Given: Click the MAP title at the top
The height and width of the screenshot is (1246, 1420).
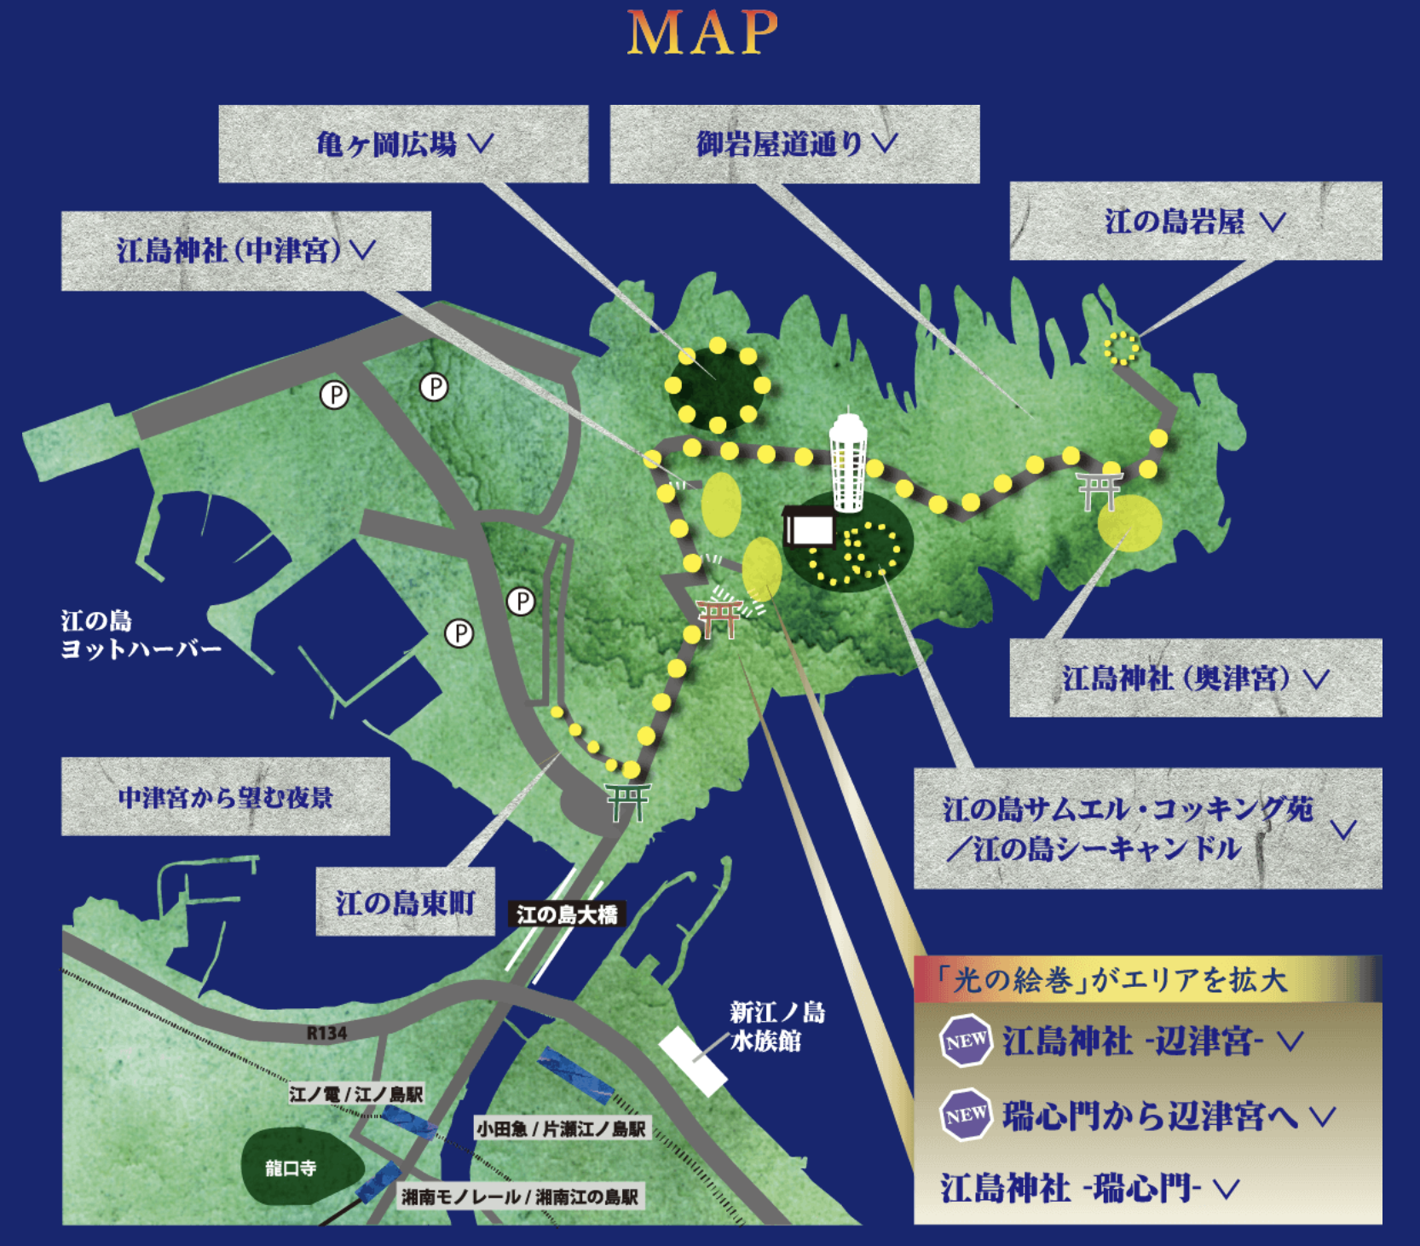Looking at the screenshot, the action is click(702, 34).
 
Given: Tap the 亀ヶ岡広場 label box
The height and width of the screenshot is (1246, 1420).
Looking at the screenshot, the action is click(403, 144).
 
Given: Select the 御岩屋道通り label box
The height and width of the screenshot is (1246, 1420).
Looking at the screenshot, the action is click(794, 144).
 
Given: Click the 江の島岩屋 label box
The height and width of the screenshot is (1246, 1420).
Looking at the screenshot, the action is click(1195, 222).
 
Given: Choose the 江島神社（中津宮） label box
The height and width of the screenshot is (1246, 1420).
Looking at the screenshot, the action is click(245, 251).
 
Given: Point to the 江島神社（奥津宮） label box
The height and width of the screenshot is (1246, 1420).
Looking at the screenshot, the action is click(1195, 678).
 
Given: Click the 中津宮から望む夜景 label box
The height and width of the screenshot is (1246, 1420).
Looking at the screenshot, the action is click(225, 797).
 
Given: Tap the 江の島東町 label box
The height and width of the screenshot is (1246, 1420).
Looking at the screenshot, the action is click(405, 902).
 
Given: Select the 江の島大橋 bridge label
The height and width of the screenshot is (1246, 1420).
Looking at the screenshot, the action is click(567, 914).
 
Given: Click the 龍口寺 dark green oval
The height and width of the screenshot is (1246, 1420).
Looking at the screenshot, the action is click(291, 1167).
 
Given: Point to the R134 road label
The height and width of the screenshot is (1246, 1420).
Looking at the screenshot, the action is click(326, 1033).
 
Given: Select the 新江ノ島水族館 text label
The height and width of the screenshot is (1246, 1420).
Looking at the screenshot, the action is click(776, 1026).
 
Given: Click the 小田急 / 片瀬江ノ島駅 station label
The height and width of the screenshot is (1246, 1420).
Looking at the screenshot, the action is click(561, 1129).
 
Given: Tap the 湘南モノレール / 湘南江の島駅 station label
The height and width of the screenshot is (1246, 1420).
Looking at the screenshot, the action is click(520, 1197).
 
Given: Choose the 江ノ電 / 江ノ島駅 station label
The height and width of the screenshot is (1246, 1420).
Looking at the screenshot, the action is click(356, 1093).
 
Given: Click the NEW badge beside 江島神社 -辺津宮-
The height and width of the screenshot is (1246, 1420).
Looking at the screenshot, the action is click(966, 1041).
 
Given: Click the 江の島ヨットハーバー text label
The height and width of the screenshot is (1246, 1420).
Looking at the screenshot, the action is click(140, 635).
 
